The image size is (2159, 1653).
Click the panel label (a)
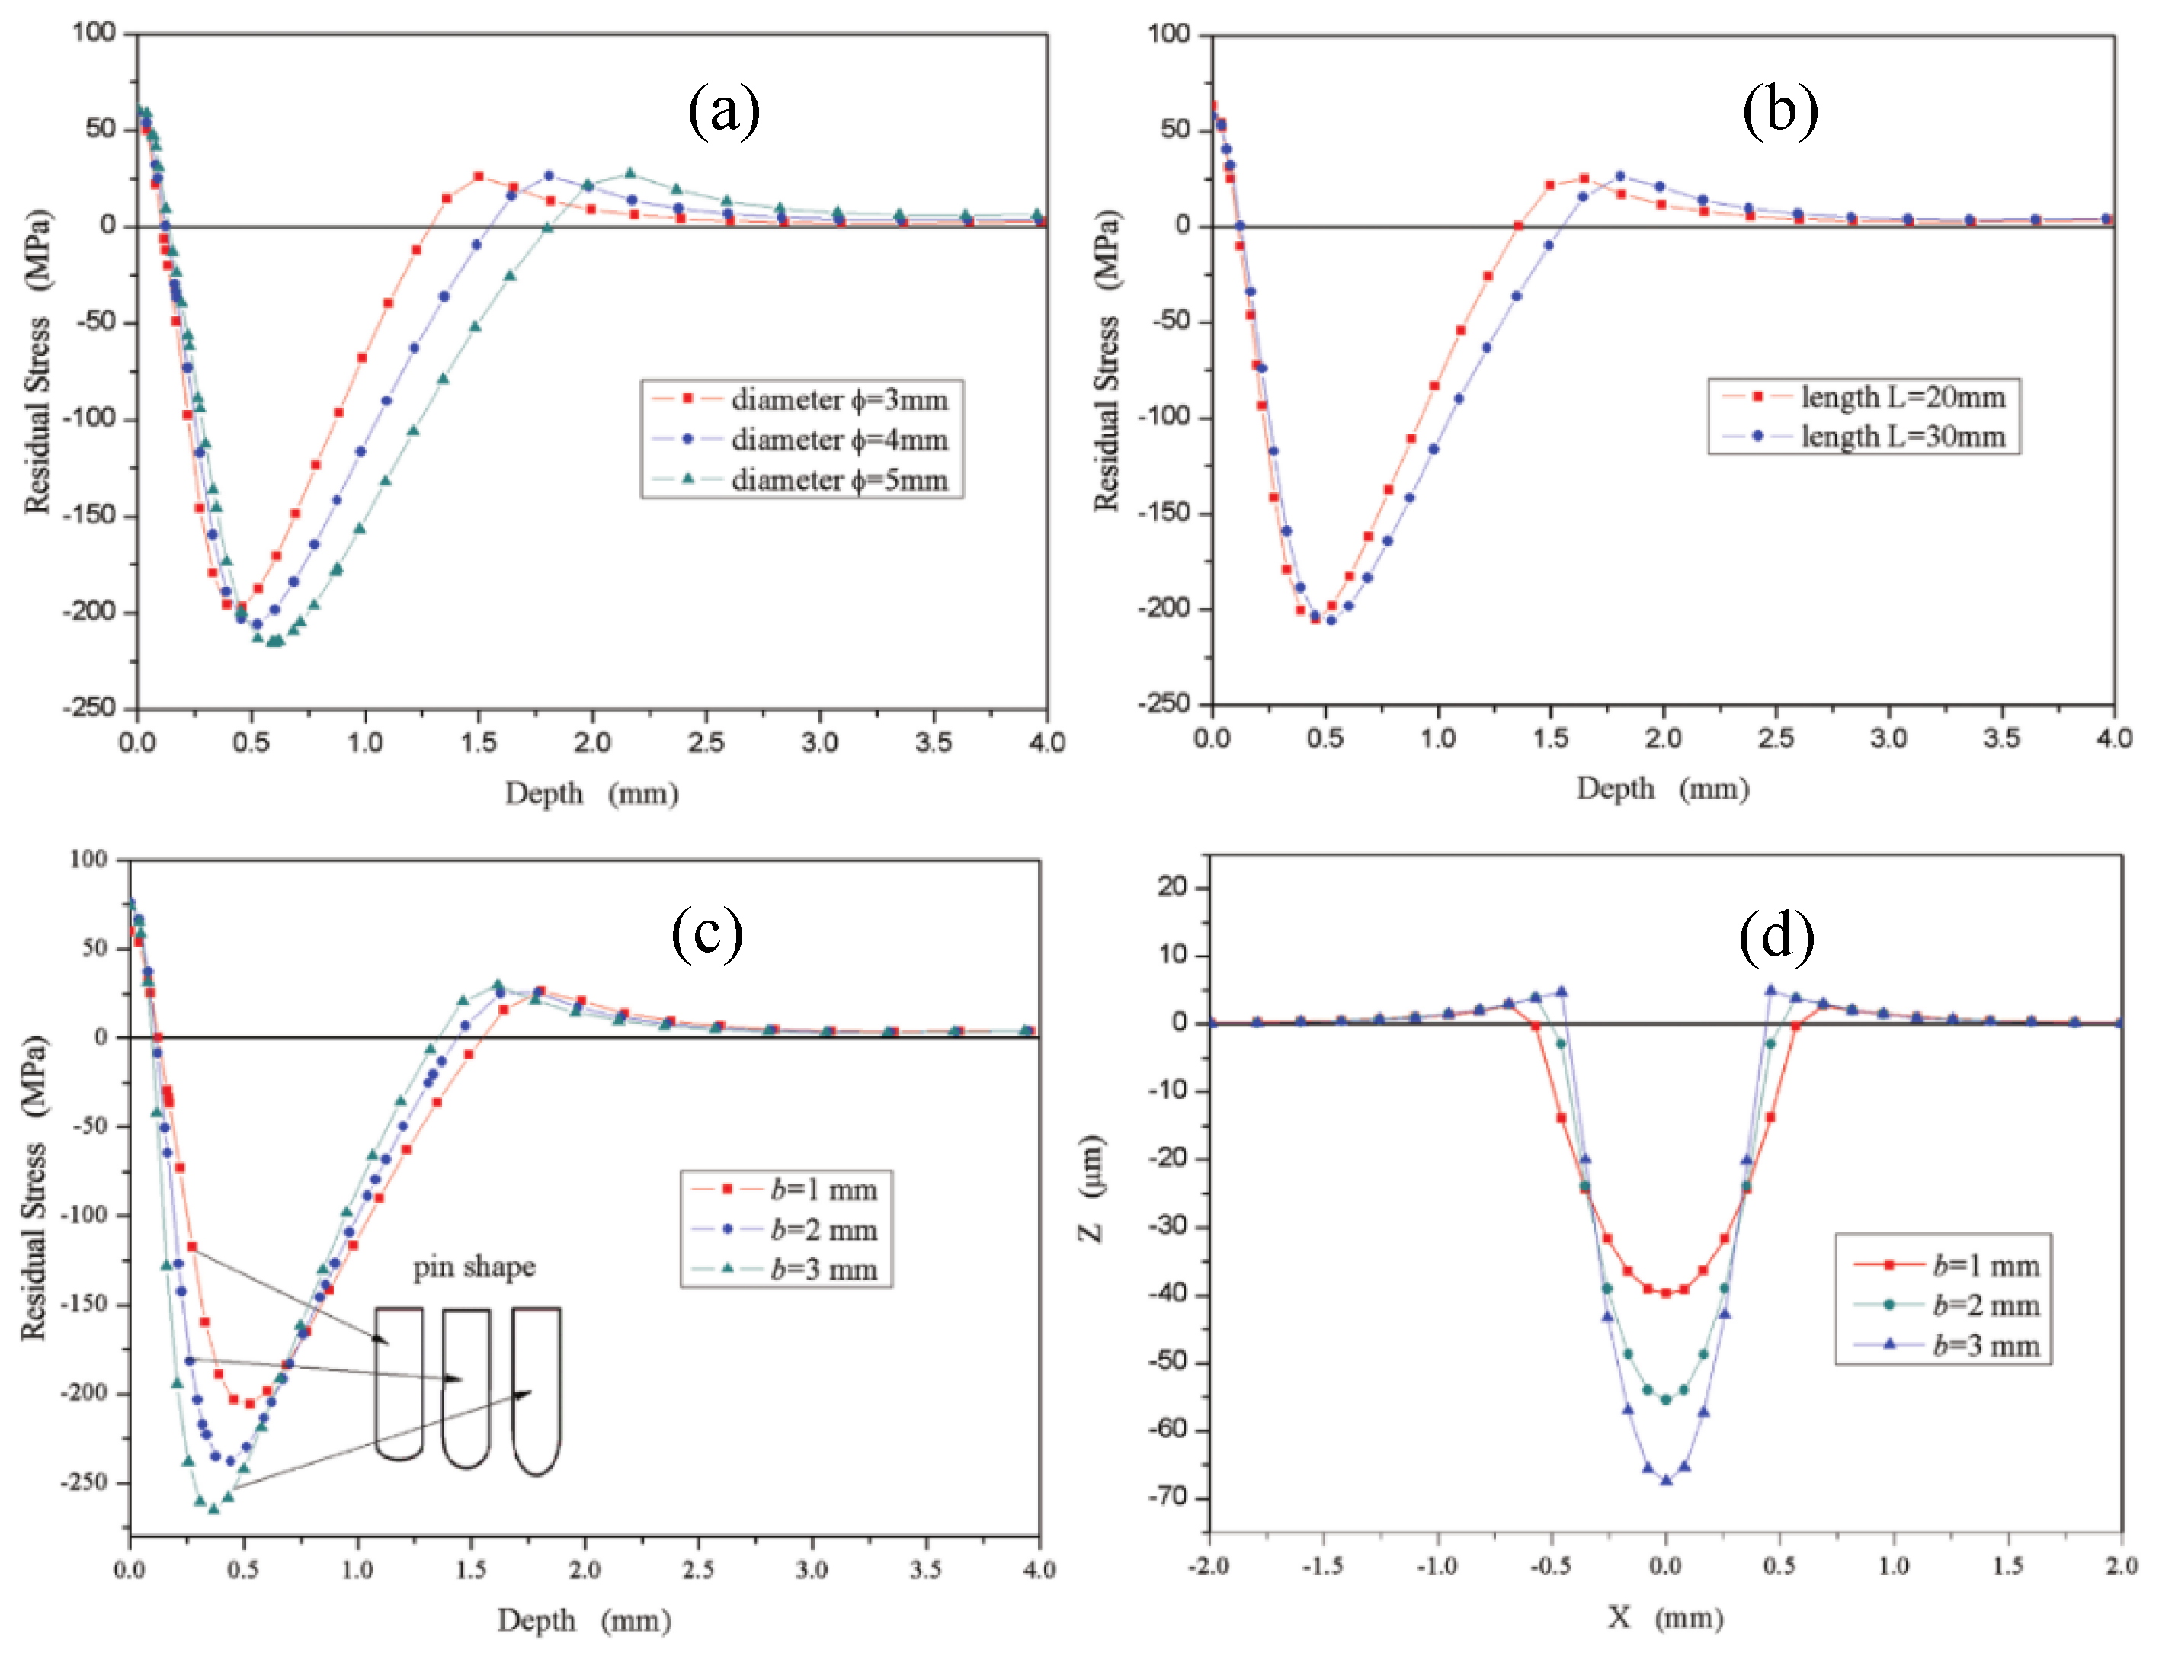tap(723, 111)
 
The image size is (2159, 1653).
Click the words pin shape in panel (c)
tap(474, 1267)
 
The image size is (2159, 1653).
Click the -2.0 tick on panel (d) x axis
tap(1209, 1565)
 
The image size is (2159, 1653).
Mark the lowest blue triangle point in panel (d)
tap(1666, 1480)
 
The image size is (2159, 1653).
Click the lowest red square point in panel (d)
tap(1666, 1293)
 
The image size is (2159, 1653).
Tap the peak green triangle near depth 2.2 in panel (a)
tap(629, 173)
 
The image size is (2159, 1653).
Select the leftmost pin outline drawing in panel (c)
tap(399, 1382)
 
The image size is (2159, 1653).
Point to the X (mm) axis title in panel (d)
tap(1665, 1618)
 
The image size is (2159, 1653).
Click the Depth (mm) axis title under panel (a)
tap(591, 793)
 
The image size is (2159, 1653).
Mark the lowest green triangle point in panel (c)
tap(213, 1508)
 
